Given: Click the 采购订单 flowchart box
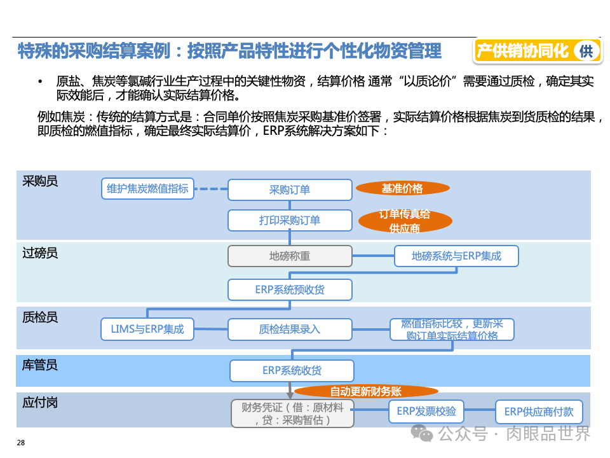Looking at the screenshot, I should pos(290,190).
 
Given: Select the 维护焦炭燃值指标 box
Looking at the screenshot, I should pos(147,189).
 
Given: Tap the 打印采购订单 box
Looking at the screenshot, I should pos(290,220).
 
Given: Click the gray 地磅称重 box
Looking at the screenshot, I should pos(290,256).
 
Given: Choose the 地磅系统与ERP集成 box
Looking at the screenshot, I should pos(456,256).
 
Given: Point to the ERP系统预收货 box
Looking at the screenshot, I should pos(290,289).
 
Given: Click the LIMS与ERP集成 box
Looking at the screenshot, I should pos(147,329).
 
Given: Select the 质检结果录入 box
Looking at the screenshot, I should pos(290,329).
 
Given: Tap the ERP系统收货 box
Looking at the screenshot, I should pos(292,371).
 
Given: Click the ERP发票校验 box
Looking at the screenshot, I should pos(426,412).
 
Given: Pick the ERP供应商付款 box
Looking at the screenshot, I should pos(539,412).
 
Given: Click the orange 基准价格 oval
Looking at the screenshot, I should pos(402,188).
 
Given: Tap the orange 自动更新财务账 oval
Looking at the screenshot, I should pos(366,391).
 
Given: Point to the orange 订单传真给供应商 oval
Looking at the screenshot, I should pos(405,221).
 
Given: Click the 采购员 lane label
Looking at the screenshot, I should pos(40,181).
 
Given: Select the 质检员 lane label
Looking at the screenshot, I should pos(40,317).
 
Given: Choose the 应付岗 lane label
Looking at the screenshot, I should pos(40,403).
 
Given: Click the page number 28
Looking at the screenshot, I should pos(21,443).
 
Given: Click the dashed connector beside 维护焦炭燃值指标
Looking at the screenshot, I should pos(210,189).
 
